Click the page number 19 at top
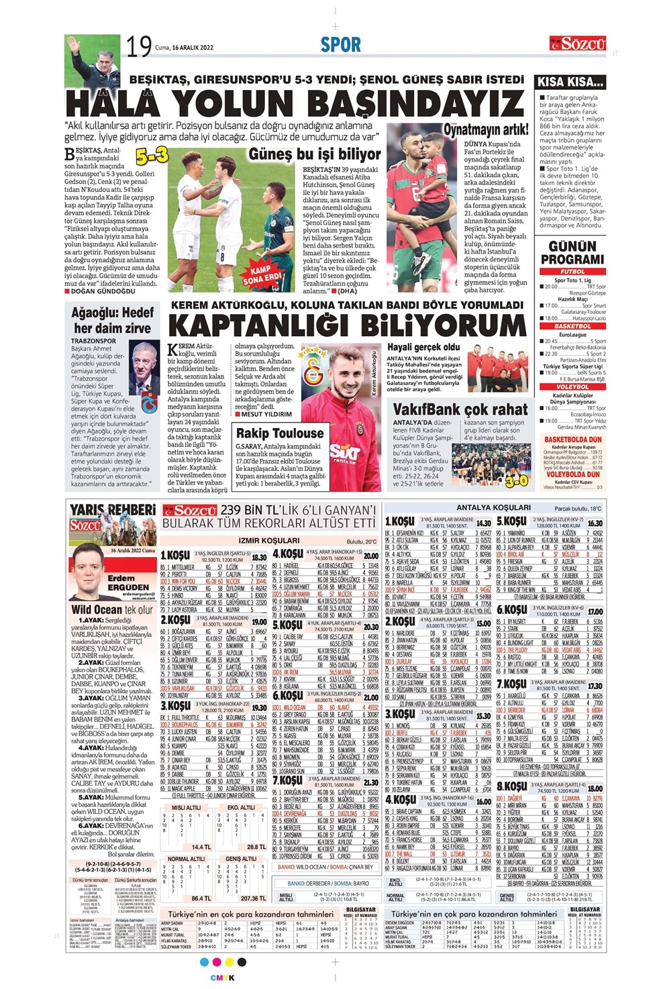coord(140,48)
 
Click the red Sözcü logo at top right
coord(578,44)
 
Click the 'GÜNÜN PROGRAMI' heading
coord(572,253)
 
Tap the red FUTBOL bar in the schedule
coord(572,272)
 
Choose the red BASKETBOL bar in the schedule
coord(572,326)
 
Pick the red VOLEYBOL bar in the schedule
coord(572,387)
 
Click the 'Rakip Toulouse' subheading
coord(280,433)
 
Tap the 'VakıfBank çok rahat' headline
coord(460,409)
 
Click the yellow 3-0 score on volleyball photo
coord(517,480)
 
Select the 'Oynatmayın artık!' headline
coord(486,130)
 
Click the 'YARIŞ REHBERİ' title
coord(113,511)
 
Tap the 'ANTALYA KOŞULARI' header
coord(493,507)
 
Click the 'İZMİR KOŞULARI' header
coord(268,541)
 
